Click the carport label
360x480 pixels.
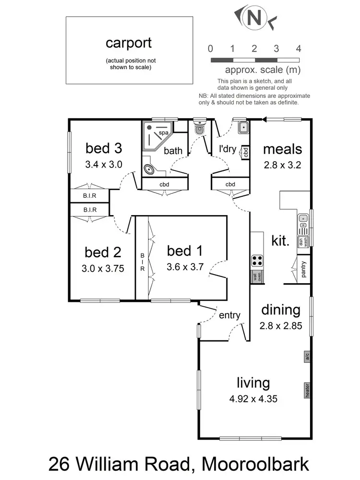pyautogui.click(x=129, y=43)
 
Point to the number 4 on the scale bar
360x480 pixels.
pyautogui.click(x=299, y=48)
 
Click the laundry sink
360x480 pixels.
pyautogui.click(x=242, y=127)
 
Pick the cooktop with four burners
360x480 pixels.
pyautogui.click(x=257, y=261)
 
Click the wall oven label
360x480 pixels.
pyautogui.click(x=257, y=276)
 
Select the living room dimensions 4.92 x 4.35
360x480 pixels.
pyautogui.click(x=253, y=398)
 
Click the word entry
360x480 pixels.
pyautogui.click(x=229, y=315)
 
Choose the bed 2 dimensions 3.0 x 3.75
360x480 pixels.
pyautogui.click(x=104, y=269)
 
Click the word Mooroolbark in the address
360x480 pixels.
pyautogui.click(x=255, y=464)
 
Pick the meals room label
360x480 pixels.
pyautogui.click(x=282, y=149)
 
